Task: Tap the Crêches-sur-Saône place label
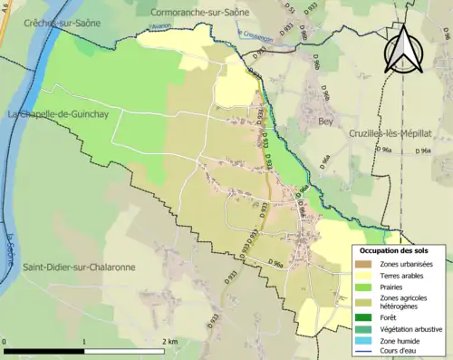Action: click(x=59, y=21)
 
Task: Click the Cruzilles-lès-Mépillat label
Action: click(x=391, y=133)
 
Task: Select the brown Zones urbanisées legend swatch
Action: click(x=362, y=264)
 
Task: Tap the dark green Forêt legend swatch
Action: click(x=362, y=316)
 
